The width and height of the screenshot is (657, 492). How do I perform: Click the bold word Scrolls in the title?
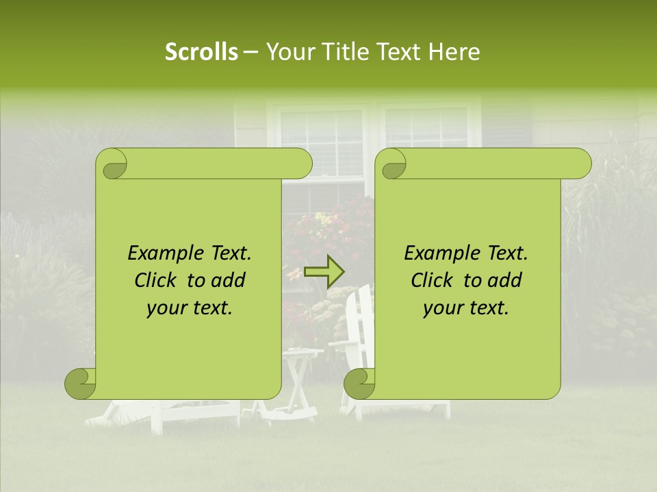201,52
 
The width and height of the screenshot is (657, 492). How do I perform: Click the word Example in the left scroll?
163,254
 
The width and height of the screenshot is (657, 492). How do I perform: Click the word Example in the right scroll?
439,254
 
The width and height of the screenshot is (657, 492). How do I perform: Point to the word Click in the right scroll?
433,280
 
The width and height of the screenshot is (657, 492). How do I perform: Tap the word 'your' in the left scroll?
166,308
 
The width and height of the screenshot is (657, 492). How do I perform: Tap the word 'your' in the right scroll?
443,308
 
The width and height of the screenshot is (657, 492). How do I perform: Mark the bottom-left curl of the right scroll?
359,383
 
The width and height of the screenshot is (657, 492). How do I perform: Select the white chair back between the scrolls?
359,321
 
